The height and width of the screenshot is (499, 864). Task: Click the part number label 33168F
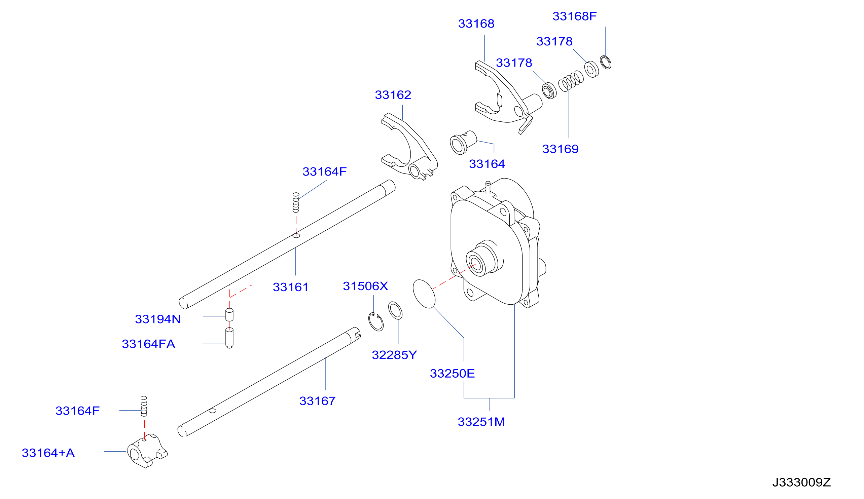point(574,16)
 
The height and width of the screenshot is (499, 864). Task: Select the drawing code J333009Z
point(801,483)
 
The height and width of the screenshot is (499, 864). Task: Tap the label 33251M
point(481,422)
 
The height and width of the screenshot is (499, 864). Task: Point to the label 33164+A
point(48,453)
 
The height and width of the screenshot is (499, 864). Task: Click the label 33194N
point(158,319)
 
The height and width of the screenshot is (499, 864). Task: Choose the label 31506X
point(365,286)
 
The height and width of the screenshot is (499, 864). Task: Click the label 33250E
point(452,374)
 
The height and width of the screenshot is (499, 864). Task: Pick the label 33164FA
point(148,344)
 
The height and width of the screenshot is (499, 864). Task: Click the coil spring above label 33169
point(571,81)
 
